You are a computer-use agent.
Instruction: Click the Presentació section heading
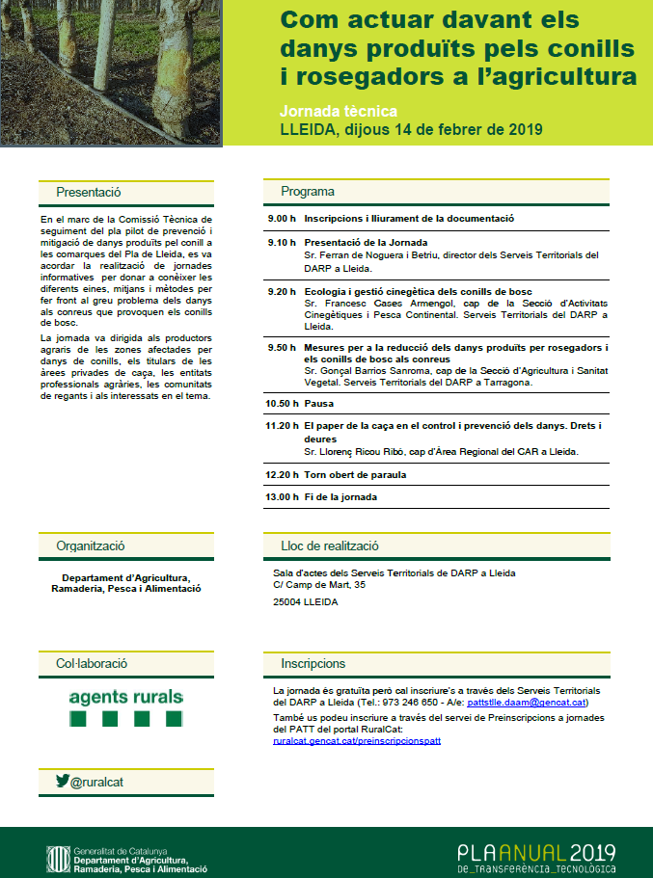(x=88, y=192)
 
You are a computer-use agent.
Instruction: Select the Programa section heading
(x=308, y=191)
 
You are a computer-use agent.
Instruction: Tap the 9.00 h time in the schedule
(x=282, y=219)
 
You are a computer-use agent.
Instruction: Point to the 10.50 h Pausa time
(x=282, y=404)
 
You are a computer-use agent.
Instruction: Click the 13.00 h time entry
(x=282, y=497)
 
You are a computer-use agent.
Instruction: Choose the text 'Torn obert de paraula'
(x=355, y=474)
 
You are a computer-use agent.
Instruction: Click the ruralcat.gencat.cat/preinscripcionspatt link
(x=357, y=741)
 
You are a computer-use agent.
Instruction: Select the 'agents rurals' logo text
(x=125, y=697)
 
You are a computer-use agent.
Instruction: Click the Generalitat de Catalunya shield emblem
(x=58, y=856)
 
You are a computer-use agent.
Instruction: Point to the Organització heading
(x=91, y=545)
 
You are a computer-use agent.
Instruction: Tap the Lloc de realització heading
(x=329, y=545)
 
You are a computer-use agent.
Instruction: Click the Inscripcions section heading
(x=313, y=664)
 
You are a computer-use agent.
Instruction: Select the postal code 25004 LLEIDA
(x=306, y=601)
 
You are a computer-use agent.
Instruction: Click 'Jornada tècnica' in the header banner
(x=338, y=111)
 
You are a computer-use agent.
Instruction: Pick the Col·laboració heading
(x=92, y=664)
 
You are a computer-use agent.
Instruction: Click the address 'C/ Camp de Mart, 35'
(x=319, y=584)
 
